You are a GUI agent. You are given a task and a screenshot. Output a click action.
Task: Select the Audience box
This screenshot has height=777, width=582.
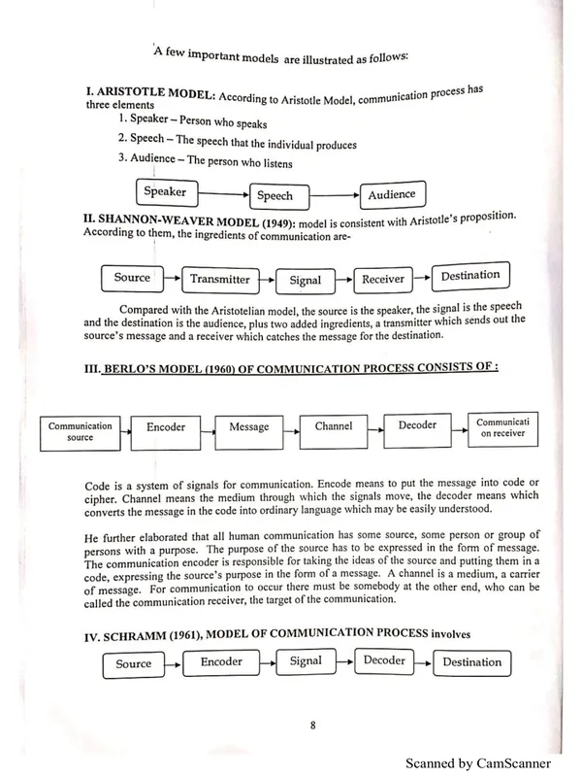click(x=391, y=194)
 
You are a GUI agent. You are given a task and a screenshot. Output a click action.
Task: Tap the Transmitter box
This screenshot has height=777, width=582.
click(x=219, y=280)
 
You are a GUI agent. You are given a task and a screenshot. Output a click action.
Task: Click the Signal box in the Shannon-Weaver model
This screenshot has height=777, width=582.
click(x=305, y=281)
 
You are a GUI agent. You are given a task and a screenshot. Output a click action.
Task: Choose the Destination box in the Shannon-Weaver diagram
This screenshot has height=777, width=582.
click(x=469, y=276)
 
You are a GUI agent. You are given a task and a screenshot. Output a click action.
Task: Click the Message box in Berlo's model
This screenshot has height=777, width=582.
click(x=248, y=427)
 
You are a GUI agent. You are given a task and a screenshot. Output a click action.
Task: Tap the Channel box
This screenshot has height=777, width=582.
click(x=333, y=426)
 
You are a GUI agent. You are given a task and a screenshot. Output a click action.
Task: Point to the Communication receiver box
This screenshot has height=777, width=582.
click(x=501, y=427)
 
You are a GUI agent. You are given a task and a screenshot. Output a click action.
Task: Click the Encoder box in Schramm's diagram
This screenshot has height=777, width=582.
click(x=221, y=662)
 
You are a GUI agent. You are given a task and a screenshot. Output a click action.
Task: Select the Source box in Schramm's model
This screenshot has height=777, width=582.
click(x=133, y=664)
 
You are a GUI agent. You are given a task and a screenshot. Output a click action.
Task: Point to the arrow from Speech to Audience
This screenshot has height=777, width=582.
click(x=330, y=194)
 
